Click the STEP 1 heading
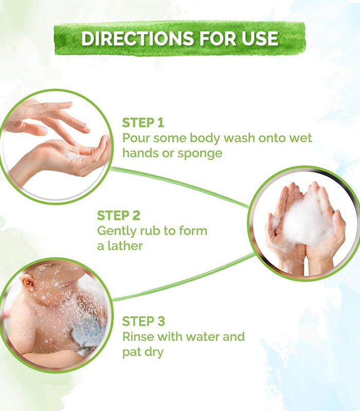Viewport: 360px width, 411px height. pos(143,123)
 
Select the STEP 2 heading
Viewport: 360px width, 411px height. pos(119,215)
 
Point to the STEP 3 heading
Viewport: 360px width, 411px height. pos(143,322)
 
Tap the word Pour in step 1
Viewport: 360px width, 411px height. pos(136,138)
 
